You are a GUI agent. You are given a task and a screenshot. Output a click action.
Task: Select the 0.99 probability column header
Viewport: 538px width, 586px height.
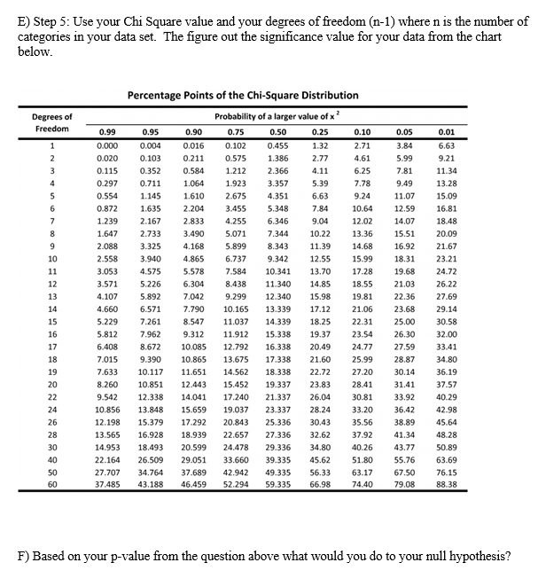point(107,129)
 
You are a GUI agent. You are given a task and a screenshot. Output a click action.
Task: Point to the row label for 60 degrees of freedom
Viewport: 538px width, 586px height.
point(52,484)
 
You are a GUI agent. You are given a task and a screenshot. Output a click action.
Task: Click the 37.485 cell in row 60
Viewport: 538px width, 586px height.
point(107,484)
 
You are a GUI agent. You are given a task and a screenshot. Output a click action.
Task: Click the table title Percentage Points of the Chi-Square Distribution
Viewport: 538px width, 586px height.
point(243,95)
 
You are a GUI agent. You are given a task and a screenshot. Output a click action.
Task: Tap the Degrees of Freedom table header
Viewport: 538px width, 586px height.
point(52,123)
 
